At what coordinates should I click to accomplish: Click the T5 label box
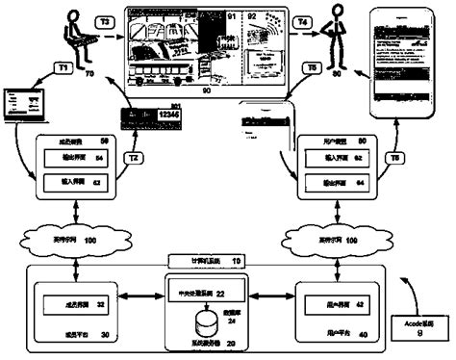click(x=307, y=68)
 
